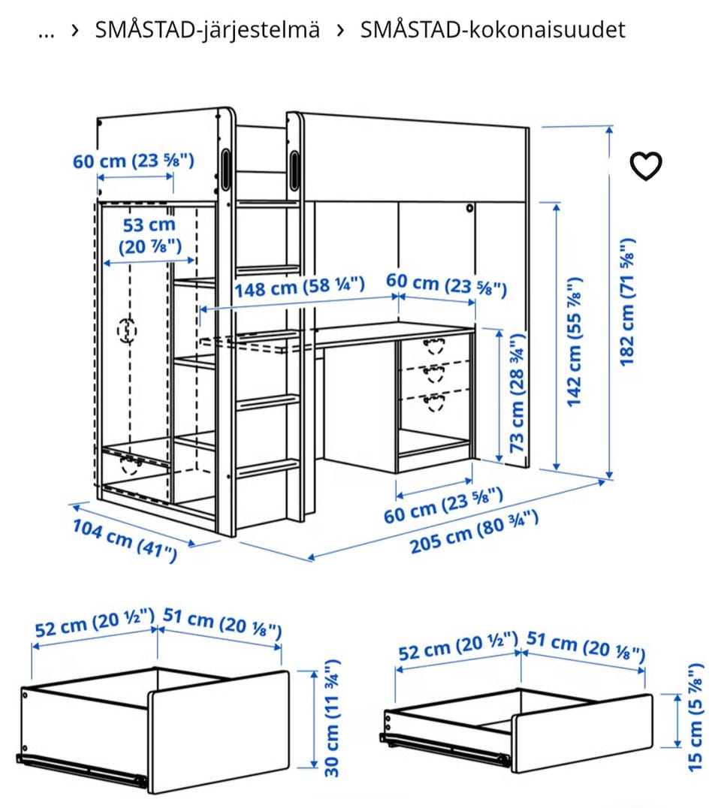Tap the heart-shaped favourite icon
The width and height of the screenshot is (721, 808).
click(646, 166)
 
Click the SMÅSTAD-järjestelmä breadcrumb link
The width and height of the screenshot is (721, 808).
click(207, 30)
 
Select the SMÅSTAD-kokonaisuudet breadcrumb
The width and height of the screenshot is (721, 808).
click(493, 29)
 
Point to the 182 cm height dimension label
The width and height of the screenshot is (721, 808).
click(626, 303)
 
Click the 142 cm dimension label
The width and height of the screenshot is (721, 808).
click(574, 342)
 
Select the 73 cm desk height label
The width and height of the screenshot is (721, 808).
click(517, 393)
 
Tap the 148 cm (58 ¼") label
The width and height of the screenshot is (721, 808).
click(300, 287)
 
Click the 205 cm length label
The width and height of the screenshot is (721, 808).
click(474, 532)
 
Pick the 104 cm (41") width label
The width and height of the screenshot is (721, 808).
click(125, 541)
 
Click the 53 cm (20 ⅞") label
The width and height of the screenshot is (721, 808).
click(149, 236)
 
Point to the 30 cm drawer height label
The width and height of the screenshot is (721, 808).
click(332, 718)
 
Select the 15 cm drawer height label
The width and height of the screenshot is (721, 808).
click(695, 717)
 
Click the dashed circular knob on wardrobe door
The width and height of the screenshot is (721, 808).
click(127, 330)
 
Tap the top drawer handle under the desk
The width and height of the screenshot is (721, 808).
click(434, 345)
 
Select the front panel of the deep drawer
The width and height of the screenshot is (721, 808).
click(219, 731)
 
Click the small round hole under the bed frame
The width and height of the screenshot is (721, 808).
click(469, 209)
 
